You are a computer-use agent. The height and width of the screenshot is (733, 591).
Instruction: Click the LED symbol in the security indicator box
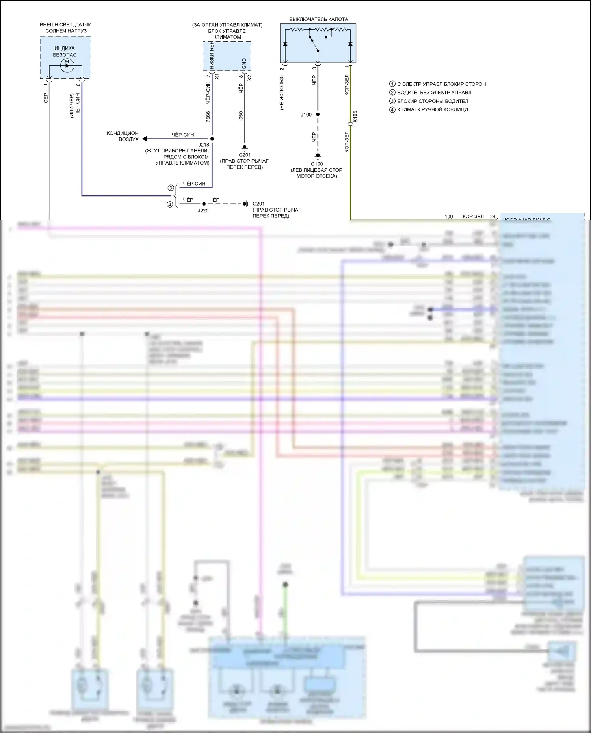[x=67, y=65]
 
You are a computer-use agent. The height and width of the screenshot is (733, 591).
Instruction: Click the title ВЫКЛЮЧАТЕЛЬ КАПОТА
[x=318, y=19]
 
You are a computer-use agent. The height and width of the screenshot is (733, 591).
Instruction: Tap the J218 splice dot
[x=212, y=139]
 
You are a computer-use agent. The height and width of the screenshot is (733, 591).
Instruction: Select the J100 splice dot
[x=318, y=115]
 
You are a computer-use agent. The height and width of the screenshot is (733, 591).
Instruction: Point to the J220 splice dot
[x=204, y=204]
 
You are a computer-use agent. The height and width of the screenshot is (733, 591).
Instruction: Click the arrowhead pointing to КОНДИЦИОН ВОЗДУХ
[x=145, y=139]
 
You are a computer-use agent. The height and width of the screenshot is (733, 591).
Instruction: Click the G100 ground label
[x=317, y=164]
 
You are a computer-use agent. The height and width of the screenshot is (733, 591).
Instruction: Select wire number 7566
[x=208, y=117]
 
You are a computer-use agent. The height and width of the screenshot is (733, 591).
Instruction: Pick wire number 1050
[x=241, y=117]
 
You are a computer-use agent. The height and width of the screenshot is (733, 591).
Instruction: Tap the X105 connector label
[x=355, y=117]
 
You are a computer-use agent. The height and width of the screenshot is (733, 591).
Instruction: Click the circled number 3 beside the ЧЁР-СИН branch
[x=171, y=188]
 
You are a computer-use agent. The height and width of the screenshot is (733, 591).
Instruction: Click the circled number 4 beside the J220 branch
[x=170, y=204]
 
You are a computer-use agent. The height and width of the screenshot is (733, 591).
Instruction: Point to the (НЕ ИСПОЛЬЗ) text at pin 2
[x=282, y=93]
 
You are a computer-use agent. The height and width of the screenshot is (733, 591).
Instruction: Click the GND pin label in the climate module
[x=244, y=63]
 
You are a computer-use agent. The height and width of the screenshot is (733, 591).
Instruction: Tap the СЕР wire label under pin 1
[x=46, y=98]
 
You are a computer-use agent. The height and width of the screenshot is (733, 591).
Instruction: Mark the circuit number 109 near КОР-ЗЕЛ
[x=449, y=216]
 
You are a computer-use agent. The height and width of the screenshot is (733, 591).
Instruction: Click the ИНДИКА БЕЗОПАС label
[x=65, y=52]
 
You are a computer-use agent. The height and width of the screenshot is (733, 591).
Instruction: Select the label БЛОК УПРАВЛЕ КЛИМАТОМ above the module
[x=227, y=34]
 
